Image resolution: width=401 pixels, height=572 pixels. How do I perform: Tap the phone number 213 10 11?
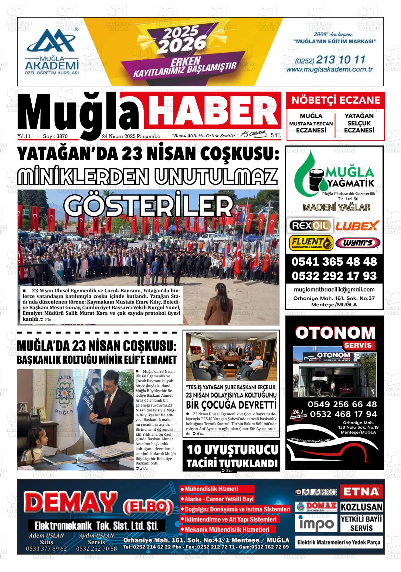[x=341, y=60]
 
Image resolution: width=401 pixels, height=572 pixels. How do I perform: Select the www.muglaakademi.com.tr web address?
[x=329, y=70]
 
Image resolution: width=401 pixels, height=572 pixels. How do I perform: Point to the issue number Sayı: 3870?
[x=55, y=136]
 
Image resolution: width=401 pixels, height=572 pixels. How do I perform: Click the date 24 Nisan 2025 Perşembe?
[x=131, y=136]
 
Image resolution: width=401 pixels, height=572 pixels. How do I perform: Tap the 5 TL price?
[x=276, y=135]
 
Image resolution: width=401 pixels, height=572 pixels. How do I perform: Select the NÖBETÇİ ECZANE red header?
[x=336, y=100]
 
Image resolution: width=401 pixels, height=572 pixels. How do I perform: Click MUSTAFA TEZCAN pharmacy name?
[x=311, y=124]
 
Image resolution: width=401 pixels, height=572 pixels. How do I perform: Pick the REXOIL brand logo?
[x=310, y=225]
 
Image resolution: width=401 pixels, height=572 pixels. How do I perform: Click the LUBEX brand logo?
[x=357, y=225]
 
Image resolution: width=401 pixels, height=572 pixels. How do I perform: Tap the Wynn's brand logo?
[x=357, y=243]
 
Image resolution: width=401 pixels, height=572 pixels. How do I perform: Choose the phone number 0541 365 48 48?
[x=334, y=262]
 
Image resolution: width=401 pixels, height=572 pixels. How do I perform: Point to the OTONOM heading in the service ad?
[x=335, y=332]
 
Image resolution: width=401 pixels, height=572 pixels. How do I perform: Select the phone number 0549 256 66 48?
[x=342, y=404]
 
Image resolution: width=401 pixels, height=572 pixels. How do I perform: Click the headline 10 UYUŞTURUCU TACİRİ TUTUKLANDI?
[x=231, y=456]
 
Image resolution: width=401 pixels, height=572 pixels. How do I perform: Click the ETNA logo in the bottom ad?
[x=361, y=491]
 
